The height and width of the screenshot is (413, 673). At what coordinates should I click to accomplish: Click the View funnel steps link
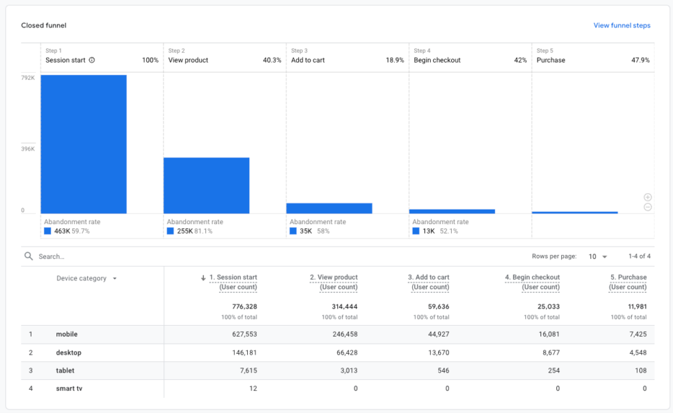pos(621,25)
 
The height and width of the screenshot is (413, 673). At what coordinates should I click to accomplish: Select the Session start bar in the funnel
pos(83,144)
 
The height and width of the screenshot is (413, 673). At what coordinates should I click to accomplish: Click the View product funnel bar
pos(206,186)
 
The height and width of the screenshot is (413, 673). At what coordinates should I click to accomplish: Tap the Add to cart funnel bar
pos(329,208)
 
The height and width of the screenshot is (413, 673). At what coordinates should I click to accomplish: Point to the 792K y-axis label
pos(27,78)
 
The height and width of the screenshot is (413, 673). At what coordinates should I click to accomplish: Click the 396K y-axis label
pos(27,148)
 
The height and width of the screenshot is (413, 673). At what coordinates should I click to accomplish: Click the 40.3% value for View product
pos(272,60)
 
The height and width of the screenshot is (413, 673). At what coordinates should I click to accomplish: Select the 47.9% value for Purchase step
pos(640,60)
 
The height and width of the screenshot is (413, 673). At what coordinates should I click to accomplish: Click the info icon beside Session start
pos(92,60)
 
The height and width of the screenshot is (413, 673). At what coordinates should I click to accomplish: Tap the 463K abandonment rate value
pos(62,232)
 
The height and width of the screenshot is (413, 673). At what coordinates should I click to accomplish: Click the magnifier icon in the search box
pos(28,256)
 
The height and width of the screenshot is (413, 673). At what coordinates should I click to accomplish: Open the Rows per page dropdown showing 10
pos(597,256)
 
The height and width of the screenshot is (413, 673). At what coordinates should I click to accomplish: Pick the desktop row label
pos(69,353)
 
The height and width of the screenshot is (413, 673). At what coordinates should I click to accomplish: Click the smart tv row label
pos(69,388)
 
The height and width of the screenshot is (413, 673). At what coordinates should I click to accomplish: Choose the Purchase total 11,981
pos(632,306)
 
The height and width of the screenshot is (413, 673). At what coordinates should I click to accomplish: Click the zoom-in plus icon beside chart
pos(648,197)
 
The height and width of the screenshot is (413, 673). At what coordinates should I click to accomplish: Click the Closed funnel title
pos(43,25)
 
